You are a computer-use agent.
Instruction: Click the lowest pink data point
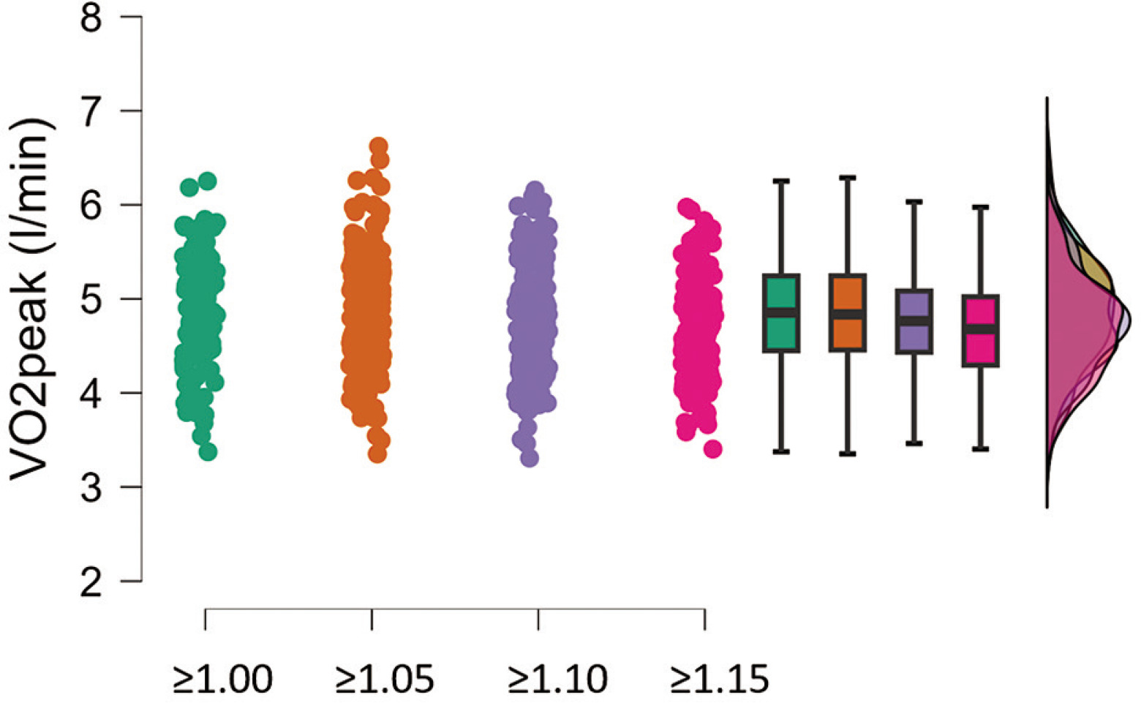click(x=713, y=449)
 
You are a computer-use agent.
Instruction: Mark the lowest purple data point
click(x=530, y=459)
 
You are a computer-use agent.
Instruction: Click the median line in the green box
click(x=781, y=312)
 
